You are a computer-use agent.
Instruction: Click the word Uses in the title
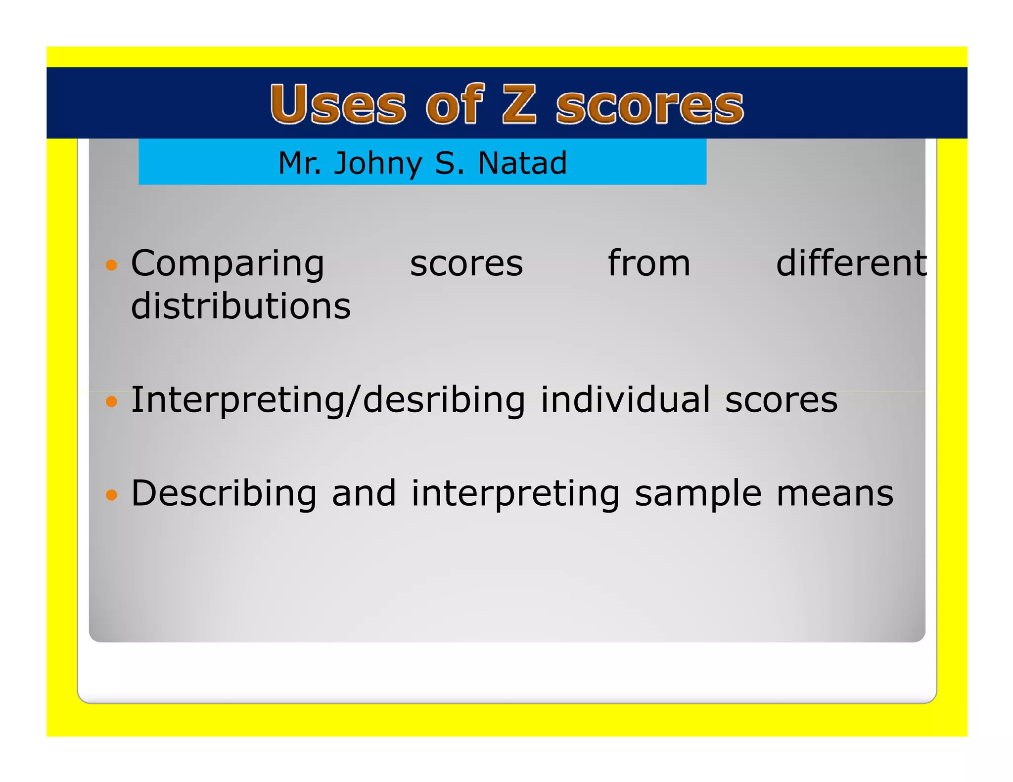[338, 104]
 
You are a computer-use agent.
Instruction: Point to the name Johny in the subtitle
[378, 164]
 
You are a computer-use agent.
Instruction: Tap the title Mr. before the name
[300, 163]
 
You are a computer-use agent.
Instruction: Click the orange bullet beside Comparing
[112, 265]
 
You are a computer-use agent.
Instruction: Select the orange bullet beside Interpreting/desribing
[112, 401]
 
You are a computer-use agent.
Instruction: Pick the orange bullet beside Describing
[112, 494]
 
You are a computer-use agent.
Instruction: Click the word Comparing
[228, 264]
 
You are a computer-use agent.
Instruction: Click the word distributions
[241, 306]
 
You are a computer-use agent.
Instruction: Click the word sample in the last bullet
[698, 494]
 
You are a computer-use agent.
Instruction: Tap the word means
[835, 494]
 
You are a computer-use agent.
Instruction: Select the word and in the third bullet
[364, 493]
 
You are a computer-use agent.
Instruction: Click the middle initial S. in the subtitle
[450, 163]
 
